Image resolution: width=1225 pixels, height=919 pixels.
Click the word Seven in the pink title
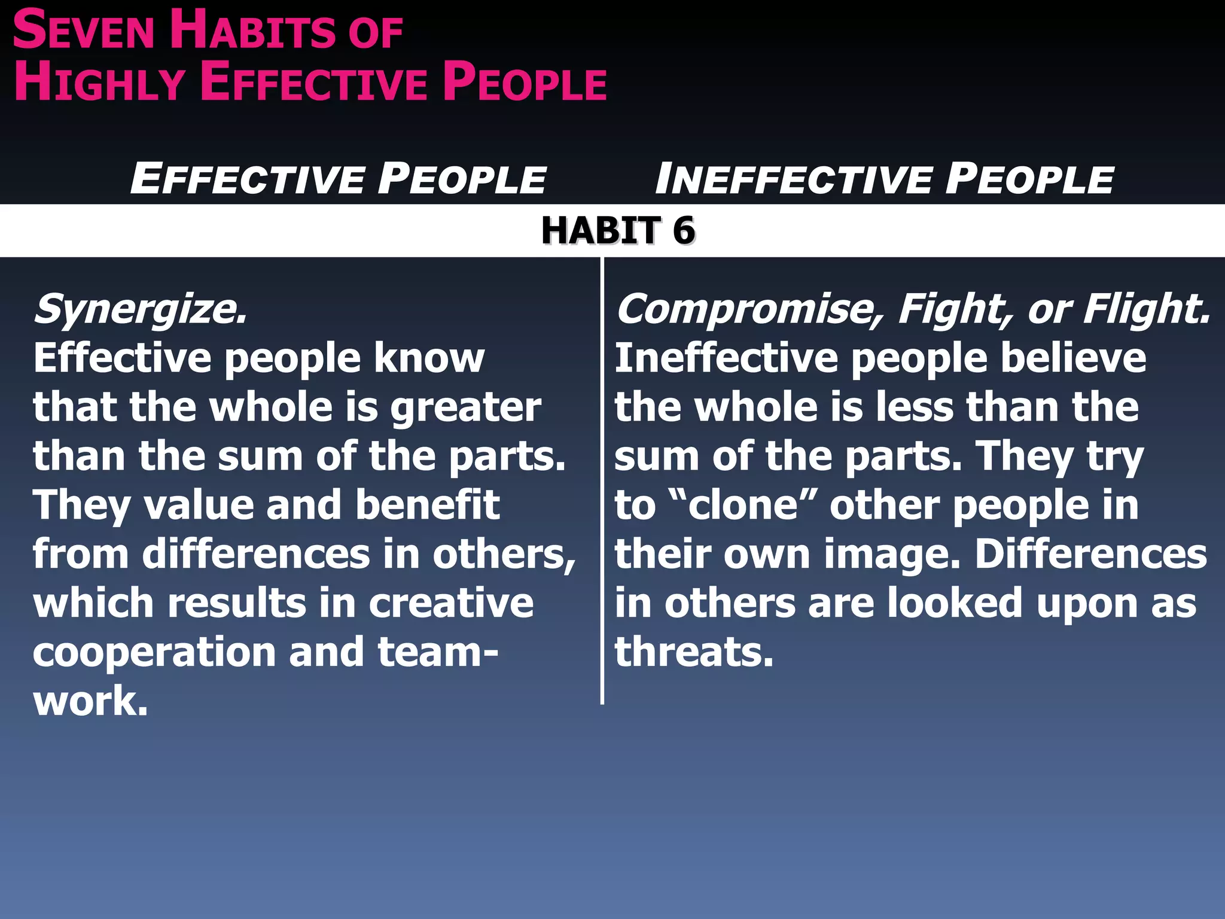coord(84,31)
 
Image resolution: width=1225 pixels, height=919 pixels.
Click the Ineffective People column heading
coord(884,179)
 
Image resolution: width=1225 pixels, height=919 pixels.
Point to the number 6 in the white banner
coord(683,231)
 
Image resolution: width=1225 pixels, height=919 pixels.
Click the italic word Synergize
coord(141,310)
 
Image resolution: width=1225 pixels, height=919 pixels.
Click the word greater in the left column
coord(466,409)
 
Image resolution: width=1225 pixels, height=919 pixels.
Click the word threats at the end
coord(694,652)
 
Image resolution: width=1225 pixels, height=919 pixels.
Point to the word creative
coord(451,603)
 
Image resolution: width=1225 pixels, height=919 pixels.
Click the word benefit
coord(427,506)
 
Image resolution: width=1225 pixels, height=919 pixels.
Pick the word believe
coord(1073,358)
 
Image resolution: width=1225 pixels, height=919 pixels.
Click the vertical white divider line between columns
coord(602,479)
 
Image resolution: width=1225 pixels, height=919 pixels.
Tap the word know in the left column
coord(429,358)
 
